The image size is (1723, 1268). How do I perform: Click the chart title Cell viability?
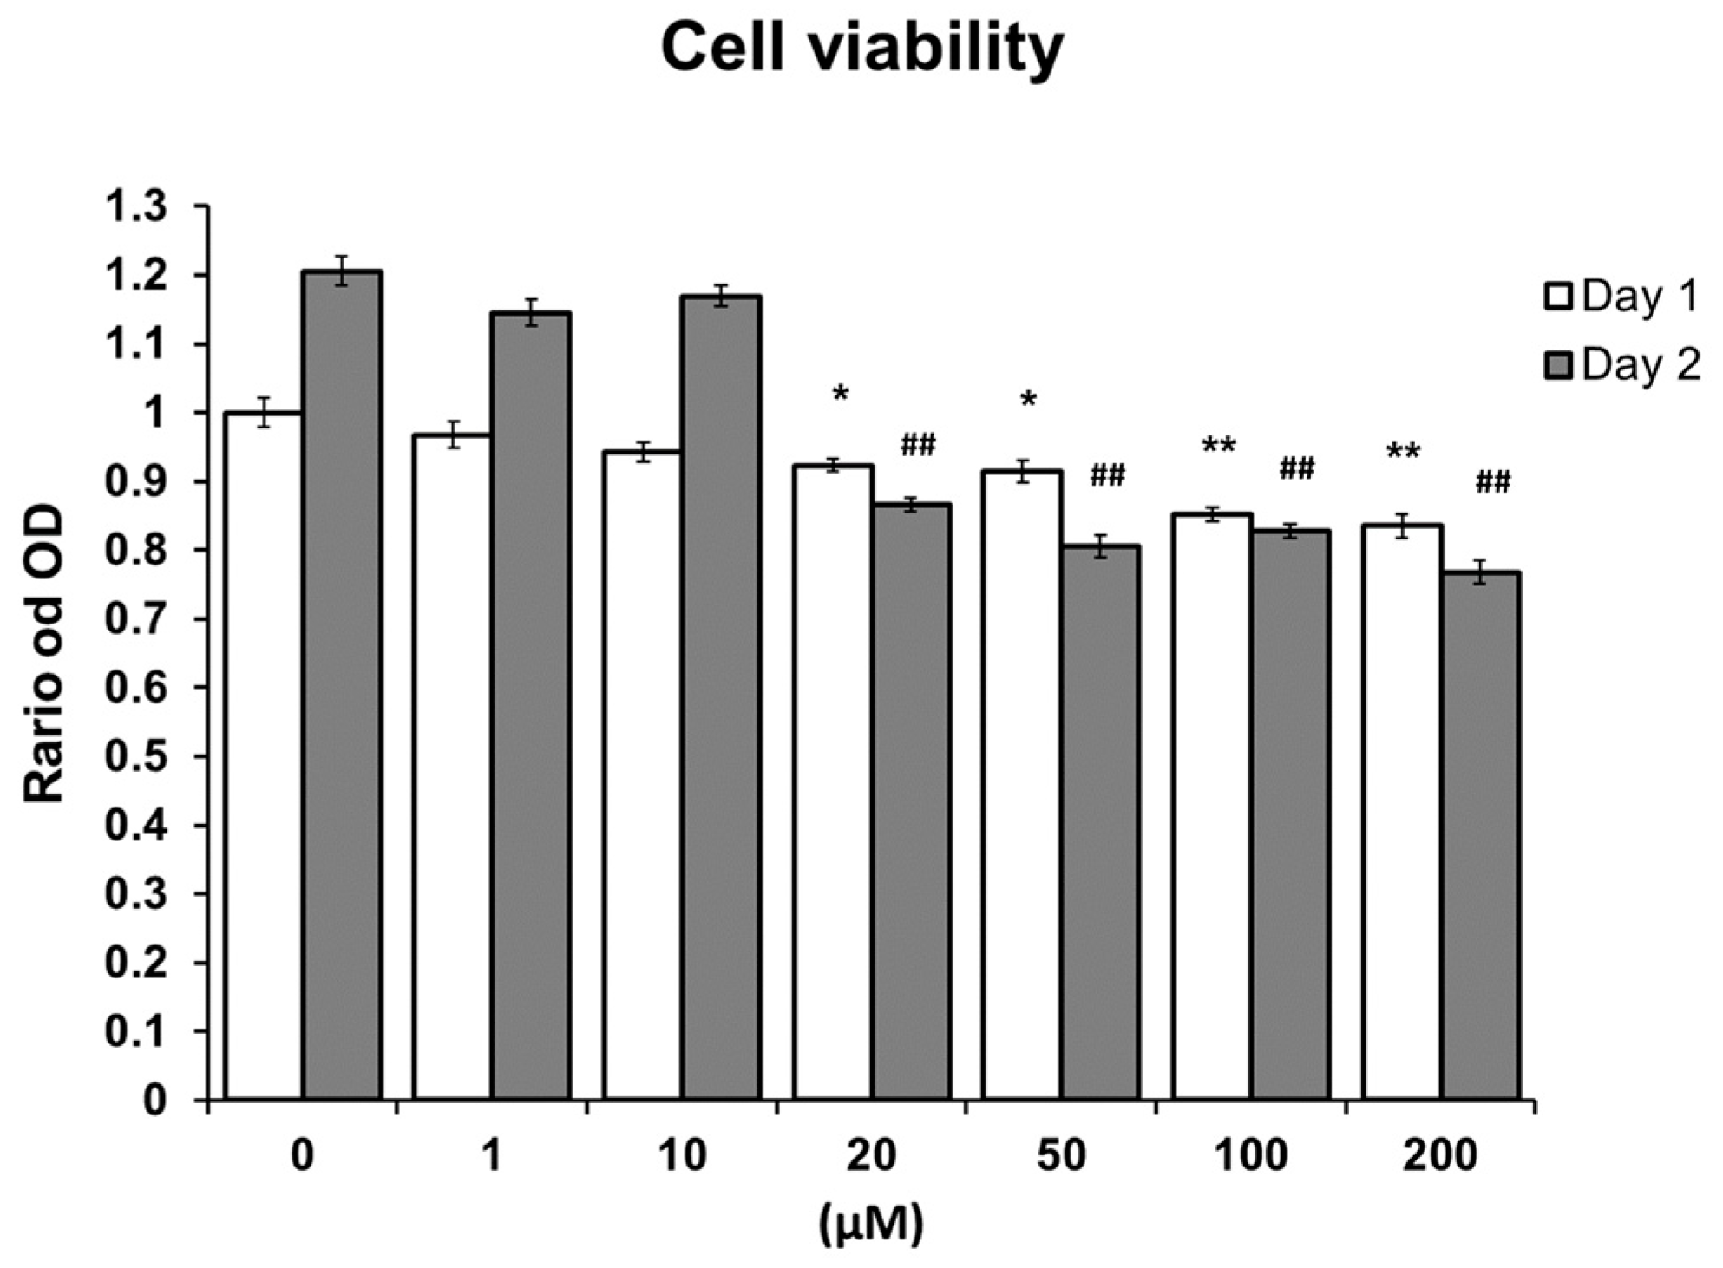tap(861, 49)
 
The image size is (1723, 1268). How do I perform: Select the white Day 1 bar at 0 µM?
tap(263, 755)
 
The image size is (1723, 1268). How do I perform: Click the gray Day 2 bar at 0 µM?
tap(342, 685)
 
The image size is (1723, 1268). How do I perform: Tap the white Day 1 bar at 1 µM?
tap(452, 768)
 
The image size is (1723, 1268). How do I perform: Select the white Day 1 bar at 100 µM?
tap(1211, 807)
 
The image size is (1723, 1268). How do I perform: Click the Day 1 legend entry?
tap(1621, 297)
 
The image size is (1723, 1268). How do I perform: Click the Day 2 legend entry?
tap(1621, 365)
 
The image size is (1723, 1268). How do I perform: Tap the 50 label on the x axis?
tap(1061, 1156)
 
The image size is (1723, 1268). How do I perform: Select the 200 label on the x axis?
tap(1439, 1156)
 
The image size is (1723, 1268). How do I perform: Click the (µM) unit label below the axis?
tap(871, 1223)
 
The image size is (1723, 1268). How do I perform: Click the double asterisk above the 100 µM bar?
tap(1218, 448)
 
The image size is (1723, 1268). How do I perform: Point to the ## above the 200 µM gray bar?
tap(1493, 481)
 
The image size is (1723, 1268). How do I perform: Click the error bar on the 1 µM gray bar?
tap(531, 312)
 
